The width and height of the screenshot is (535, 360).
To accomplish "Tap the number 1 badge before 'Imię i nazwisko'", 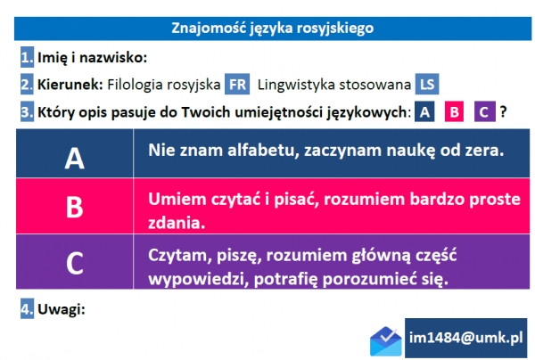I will pyautogui.click(x=27, y=58).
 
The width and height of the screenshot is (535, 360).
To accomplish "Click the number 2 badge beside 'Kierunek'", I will pyautogui.click(x=27, y=86).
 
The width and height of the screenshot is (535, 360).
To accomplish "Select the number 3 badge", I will pyautogui.click(x=27, y=112).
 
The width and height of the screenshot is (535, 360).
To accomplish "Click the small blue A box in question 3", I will pyautogui.click(x=426, y=112).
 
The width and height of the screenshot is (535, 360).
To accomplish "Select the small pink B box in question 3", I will pyautogui.click(x=455, y=112).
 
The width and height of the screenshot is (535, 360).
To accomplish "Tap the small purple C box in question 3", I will pyautogui.click(x=484, y=112).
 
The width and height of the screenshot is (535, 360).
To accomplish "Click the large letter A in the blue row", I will pyautogui.click(x=75, y=157).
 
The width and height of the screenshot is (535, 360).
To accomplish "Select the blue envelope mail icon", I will pyautogui.click(x=386, y=340).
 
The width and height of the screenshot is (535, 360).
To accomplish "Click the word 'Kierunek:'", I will pyautogui.click(x=70, y=86).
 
